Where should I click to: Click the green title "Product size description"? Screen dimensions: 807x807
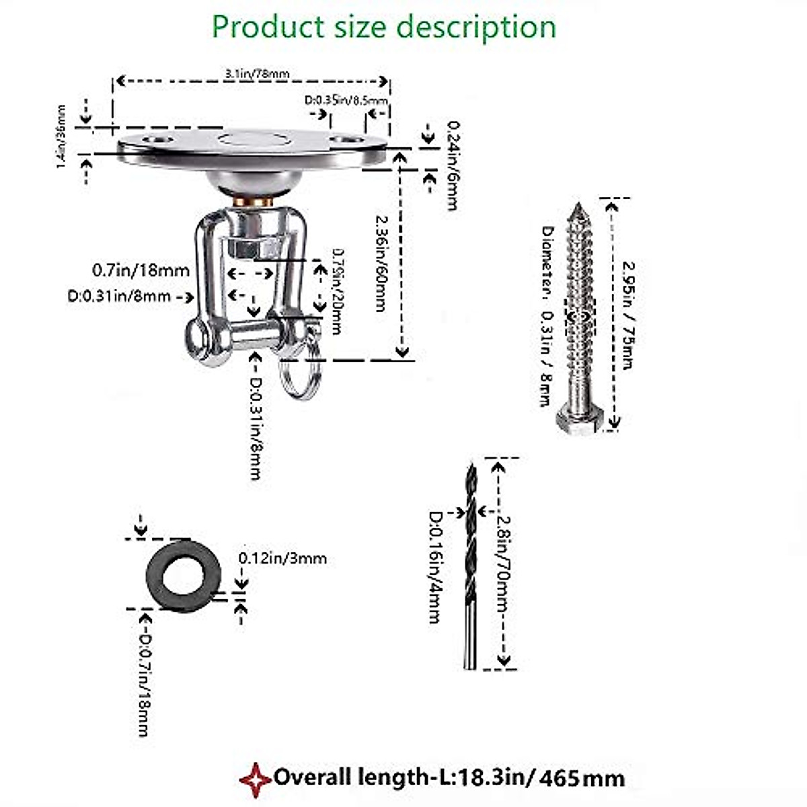point(384,27)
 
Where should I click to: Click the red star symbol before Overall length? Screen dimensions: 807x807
point(256,779)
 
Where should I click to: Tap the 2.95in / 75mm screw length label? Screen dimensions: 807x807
point(627,314)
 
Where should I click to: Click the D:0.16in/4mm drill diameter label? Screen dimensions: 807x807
point(436,567)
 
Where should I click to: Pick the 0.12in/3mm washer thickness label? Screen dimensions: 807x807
point(282,558)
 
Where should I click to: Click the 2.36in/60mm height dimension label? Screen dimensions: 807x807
point(381,262)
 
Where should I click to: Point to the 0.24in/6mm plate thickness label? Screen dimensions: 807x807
point(452,165)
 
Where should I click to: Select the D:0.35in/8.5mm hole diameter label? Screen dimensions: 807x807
point(346,101)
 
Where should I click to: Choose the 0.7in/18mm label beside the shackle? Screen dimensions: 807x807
point(141,271)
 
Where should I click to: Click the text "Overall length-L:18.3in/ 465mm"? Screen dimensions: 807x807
point(449,778)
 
